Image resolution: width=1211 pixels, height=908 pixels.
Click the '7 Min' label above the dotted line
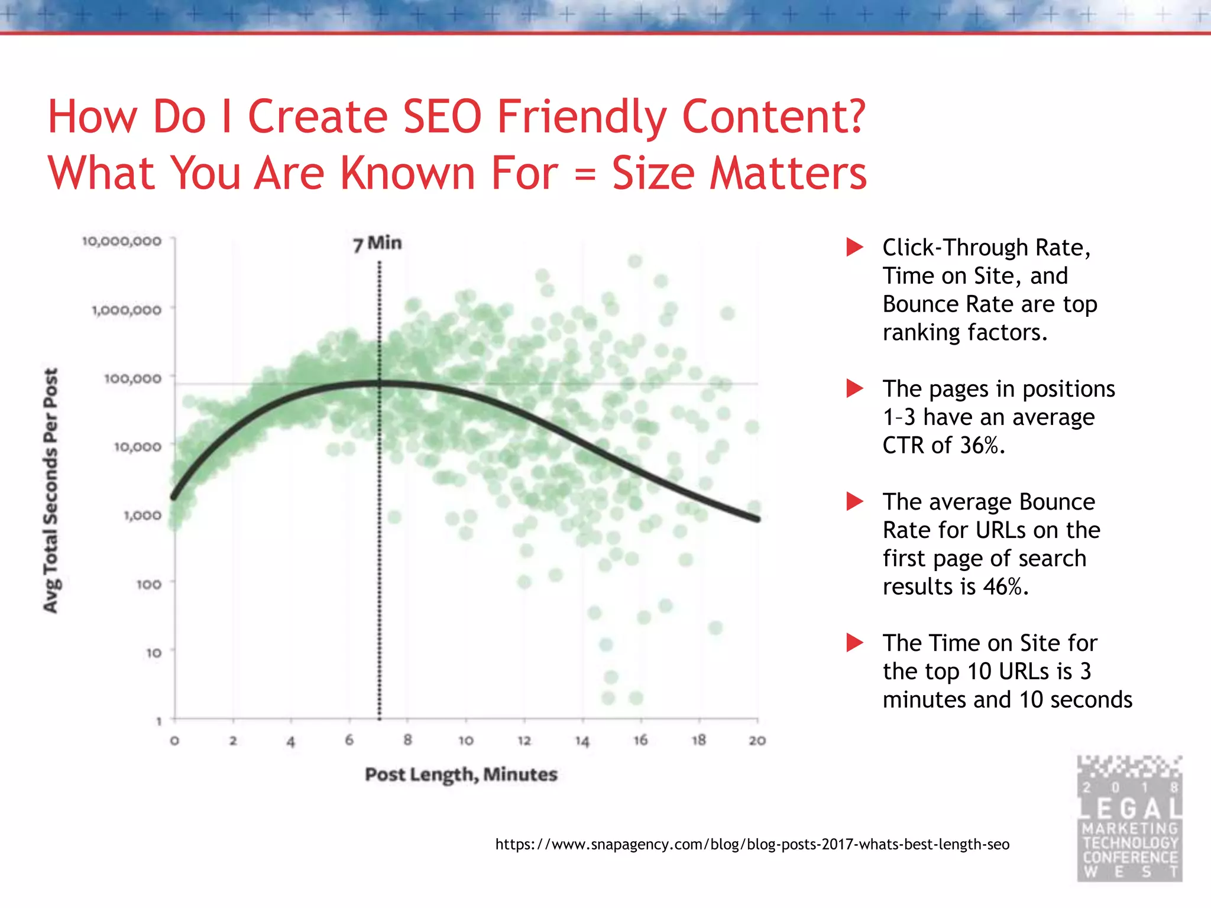(377, 243)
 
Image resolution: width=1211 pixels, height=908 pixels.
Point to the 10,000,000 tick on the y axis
(122, 241)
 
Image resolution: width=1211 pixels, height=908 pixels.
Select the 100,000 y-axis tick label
(132, 378)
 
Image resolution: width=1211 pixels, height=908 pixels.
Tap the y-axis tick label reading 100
(148, 584)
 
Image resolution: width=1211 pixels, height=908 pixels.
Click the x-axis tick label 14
(582, 741)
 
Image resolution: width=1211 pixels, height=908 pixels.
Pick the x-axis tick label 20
(757, 741)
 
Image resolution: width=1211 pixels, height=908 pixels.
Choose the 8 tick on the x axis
(407, 740)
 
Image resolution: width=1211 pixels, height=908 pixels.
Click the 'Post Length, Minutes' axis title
(461, 774)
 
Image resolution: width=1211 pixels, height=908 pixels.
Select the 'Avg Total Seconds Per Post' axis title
(51, 491)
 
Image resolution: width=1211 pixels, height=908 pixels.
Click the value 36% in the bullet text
(982, 446)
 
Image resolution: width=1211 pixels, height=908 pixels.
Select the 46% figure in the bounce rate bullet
(1005, 587)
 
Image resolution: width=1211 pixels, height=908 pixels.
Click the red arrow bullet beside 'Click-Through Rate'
(854, 247)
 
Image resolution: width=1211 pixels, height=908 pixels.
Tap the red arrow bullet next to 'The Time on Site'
(854, 643)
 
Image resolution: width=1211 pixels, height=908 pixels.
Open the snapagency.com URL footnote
(752, 844)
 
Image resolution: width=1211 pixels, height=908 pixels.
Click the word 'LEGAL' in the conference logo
(1130, 808)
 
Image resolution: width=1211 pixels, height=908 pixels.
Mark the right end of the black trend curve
(757, 519)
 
